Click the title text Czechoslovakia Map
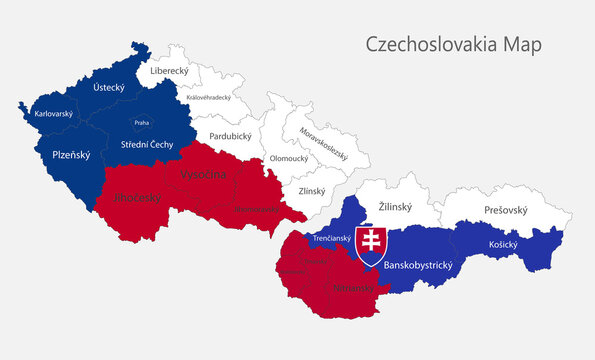pos(446,45)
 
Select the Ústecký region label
pos(108,88)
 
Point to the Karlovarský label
pos(54,114)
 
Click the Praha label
pos(142,123)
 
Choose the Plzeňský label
pos(71,155)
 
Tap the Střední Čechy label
pos(147,144)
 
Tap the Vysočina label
pos(204,175)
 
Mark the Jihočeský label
pos(137,197)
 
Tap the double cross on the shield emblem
pos(371,242)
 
